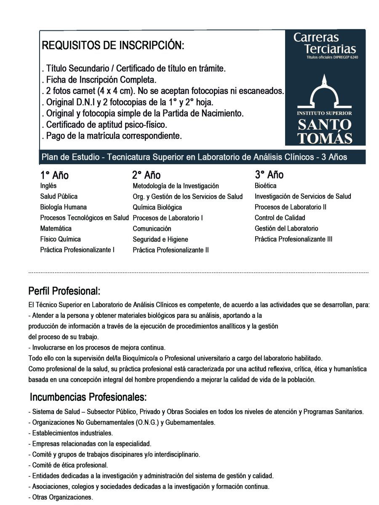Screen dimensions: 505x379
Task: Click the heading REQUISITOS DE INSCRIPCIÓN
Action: click(x=113, y=46)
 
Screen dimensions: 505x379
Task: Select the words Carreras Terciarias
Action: click(x=325, y=43)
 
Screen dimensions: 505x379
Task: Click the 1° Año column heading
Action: click(x=54, y=175)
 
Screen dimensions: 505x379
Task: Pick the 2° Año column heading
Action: click(x=146, y=175)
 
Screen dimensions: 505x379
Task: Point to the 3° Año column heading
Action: click(x=269, y=175)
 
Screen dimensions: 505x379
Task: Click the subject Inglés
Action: click(x=48, y=186)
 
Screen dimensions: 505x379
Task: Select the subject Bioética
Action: click(x=266, y=186)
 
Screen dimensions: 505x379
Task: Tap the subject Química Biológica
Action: click(x=157, y=207)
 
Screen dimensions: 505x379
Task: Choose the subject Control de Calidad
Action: click(x=280, y=218)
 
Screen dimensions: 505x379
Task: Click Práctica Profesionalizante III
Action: click(x=293, y=239)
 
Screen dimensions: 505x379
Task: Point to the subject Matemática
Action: click(x=56, y=229)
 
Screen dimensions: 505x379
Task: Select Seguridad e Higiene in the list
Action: click(x=160, y=239)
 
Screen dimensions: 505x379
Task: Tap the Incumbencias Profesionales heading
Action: click(x=88, y=397)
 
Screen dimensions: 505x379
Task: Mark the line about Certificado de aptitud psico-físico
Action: click(x=107, y=125)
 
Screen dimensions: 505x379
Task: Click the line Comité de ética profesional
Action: click(x=68, y=465)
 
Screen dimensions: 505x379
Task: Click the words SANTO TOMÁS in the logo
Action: click(x=325, y=131)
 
